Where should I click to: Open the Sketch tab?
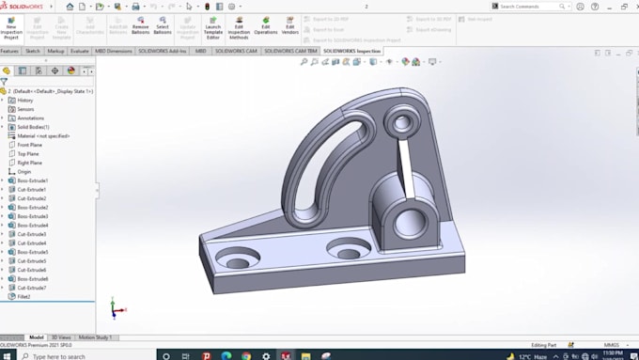(x=33, y=51)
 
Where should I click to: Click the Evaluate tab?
(x=80, y=51)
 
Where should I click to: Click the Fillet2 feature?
(x=23, y=296)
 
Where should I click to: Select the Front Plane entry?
(x=29, y=145)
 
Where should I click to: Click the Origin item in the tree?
(x=23, y=171)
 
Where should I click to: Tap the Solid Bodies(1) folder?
(x=33, y=127)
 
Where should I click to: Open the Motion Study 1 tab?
(x=94, y=337)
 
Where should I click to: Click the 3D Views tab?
(x=60, y=337)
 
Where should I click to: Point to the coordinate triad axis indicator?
(x=113, y=306)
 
